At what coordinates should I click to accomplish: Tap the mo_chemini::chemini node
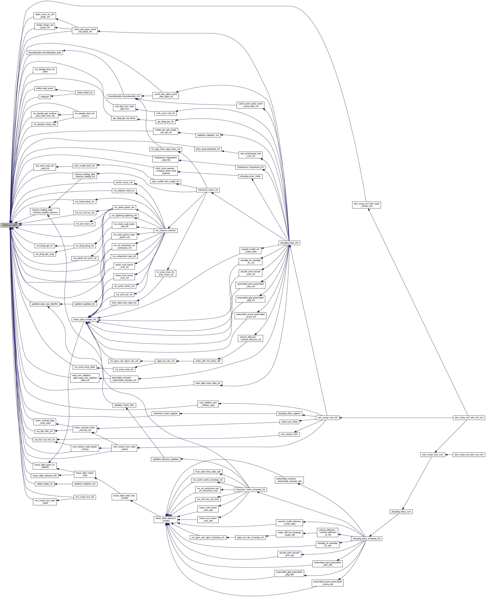pyautogui.click(x=165, y=230)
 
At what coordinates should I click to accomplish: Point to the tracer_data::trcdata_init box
pyautogui.click(x=85, y=320)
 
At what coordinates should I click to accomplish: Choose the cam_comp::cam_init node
pyautogui.click(x=327, y=418)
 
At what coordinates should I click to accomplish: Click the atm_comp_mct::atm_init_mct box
pyautogui.click(x=469, y=418)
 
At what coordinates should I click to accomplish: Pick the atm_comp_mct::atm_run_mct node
pyautogui.click(x=469, y=455)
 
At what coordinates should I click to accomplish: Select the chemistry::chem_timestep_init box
pyautogui.click(x=250, y=490)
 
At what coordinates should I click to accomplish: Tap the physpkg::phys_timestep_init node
pyautogui.click(x=366, y=539)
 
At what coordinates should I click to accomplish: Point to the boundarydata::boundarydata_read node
pyautogui.click(x=45, y=53)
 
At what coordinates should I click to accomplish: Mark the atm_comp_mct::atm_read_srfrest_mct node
pyautogui.click(x=366, y=205)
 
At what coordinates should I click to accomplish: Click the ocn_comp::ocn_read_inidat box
pyautogui.click(x=45, y=502)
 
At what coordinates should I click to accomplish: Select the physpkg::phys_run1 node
pyautogui.click(x=401, y=512)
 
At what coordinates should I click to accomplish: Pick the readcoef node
pyautogui.click(x=45, y=97)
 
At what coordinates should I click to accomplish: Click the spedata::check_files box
pyautogui.click(x=124, y=405)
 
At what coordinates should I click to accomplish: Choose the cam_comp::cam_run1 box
pyautogui.click(x=433, y=455)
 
